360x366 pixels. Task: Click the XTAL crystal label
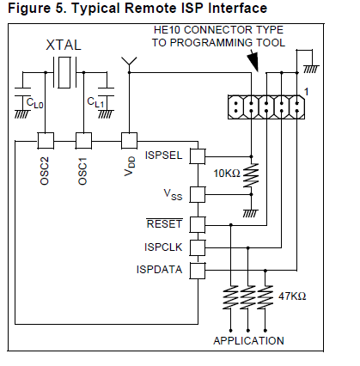[64, 45]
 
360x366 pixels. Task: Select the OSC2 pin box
[46, 141]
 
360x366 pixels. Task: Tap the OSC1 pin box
[83, 141]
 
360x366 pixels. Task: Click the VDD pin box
[129, 141]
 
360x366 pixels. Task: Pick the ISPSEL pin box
[198, 156]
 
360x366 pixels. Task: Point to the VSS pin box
[198, 195]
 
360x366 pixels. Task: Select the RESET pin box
[198, 225]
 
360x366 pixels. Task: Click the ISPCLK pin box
[198, 247]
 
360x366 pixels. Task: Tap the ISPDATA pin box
[198, 271]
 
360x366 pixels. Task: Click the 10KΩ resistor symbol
[251, 175]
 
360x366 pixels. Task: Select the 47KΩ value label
[292, 296]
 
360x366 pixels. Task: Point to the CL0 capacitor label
[34, 103]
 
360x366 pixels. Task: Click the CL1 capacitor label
[95, 102]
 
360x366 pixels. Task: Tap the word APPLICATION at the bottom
[248, 341]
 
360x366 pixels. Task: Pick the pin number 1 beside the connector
[306, 92]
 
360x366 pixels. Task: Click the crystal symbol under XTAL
[64, 72]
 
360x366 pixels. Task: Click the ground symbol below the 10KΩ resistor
[250, 213]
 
